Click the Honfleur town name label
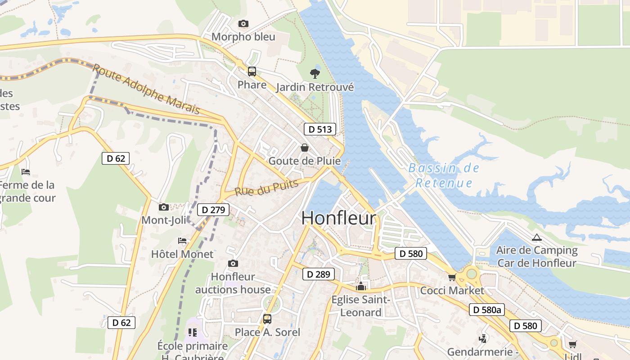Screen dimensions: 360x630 pyautogui.click(x=338, y=218)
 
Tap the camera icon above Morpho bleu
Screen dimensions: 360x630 pyautogui.click(x=243, y=23)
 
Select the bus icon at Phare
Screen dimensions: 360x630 pyautogui.click(x=252, y=72)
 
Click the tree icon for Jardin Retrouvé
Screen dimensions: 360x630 pyautogui.click(x=315, y=73)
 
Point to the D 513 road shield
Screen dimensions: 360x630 pyautogui.click(x=320, y=130)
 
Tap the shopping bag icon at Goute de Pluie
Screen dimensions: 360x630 pyautogui.click(x=305, y=148)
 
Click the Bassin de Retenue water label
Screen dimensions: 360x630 pyautogui.click(x=444, y=175)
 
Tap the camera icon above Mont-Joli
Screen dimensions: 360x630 pyautogui.click(x=164, y=207)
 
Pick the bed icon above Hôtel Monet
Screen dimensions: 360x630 pyautogui.click(x=182, y=241)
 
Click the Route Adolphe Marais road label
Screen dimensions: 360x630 pyautogui.click(x=146, y=89)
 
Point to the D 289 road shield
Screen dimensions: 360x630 pyautogui.click(x=319, y=274)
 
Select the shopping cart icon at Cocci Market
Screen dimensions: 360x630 pyautogui.click(x=452, y=277)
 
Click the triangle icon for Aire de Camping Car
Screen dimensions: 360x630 pyautogui.click(x=536, y=238)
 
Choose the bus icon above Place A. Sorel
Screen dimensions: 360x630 pyautogui.click(x=267, y=319)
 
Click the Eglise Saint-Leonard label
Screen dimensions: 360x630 pyautogui.click(x=361, y=306)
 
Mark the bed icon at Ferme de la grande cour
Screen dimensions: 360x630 pyautogui.click(x=26, y=171)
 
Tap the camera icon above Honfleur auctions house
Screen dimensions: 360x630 pyautogui.click(x=233, y=263)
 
